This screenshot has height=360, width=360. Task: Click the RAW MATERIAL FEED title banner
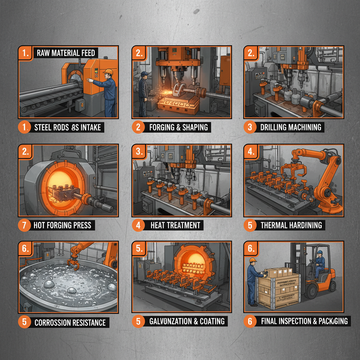coord(65,53)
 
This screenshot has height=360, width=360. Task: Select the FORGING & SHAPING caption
coord(179,127)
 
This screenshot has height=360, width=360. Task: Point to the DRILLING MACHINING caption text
coord(291,127)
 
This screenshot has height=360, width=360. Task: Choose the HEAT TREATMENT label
coord(175,225)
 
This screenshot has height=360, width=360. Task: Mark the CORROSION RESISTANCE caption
coord(70,322)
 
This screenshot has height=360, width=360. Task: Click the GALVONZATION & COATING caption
coord(187,321)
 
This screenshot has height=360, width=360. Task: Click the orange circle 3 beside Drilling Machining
coord(250,127)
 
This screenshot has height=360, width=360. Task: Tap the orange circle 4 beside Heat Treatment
coord(138,225)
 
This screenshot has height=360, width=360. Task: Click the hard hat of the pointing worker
coord(108,72)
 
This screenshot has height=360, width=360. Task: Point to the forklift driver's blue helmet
coord(320,252)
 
